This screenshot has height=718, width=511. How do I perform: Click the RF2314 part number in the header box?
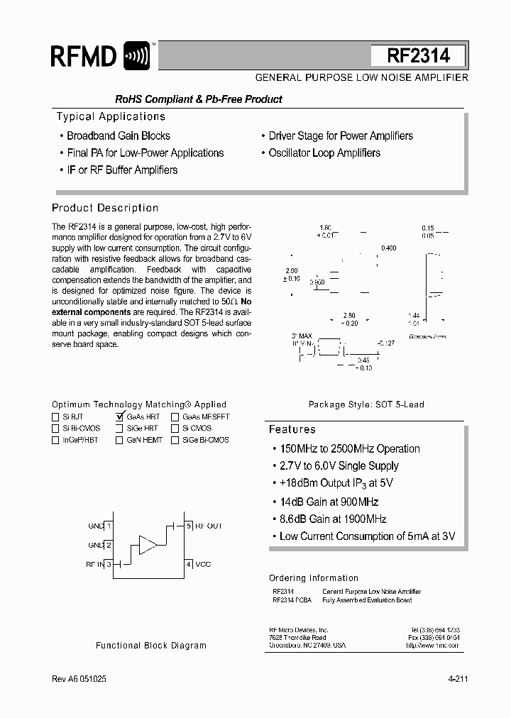[418, 56]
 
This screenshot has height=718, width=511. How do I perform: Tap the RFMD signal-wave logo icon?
[136, 55]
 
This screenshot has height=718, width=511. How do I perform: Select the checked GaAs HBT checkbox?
[119, 417]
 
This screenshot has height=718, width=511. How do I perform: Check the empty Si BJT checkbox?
[55, 417]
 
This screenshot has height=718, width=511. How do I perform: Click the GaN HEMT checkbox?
[119, 440]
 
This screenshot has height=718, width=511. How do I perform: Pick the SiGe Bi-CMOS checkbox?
[175, 440]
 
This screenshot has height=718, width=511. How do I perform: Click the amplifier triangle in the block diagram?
[148, 544]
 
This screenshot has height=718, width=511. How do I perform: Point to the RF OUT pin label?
[209, 526]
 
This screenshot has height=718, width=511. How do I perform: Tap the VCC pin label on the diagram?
[204, 564]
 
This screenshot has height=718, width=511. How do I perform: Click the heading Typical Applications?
[111, 116]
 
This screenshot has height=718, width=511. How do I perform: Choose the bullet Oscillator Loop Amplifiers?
[324, 153]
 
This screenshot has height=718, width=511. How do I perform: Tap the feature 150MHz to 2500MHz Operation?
[349, 448]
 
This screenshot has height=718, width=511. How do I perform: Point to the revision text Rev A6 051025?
[79, 679]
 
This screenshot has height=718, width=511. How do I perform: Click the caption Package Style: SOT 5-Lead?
[366, 404]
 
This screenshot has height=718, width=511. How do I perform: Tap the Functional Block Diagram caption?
[151, 646]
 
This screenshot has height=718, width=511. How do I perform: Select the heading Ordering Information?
[313, 578]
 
